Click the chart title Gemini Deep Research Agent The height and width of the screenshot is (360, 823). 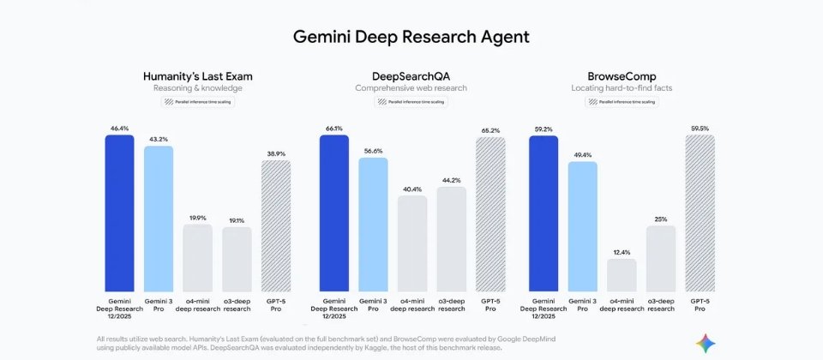[411, 37]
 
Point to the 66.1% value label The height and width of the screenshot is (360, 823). [334, 129]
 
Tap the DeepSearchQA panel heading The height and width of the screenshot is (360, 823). [411, 76]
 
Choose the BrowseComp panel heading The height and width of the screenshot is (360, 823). [622, 76]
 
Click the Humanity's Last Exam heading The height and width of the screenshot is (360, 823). [198, 76]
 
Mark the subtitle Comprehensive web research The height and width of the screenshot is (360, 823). [411, 88]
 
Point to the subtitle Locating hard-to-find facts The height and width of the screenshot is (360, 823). [622, 88]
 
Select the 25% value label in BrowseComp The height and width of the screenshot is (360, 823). [661, 219]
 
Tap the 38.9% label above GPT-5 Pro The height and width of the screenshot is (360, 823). [275, 153]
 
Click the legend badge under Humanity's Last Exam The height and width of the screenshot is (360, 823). [198, 102]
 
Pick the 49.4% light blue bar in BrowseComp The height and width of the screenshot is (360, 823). [583, 226]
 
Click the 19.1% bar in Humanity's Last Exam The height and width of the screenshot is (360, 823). [237, 259]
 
